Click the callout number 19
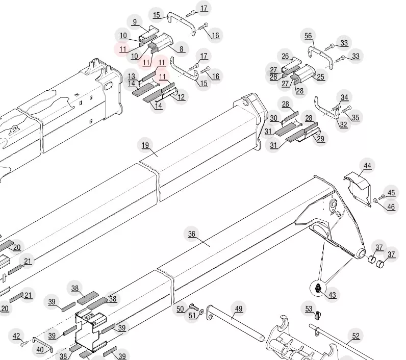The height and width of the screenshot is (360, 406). (x=145, y=145)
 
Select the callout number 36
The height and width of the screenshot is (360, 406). (x=192, y=234)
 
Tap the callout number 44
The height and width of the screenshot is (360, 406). (x=367, y=166)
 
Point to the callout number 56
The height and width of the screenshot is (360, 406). (x=308, y=36)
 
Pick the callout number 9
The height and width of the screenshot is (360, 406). (x=135, y=22)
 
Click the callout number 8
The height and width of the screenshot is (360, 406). (x=181, y=49)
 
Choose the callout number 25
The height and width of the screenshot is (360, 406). (x=320, y=77)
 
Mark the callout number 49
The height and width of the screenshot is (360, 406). (x=239, y=308)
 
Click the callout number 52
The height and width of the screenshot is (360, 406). (x=356, y=336)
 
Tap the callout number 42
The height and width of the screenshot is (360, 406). (x=16, y=336)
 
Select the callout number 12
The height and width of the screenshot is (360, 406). (x=181, y=97)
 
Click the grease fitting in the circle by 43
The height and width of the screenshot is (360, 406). (x=318, y=288)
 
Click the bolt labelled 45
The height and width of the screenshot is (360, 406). (x=382, y=197)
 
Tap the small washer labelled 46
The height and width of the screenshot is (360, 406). (x=375, y=200)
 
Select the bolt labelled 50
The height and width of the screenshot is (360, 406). (x=194, y=307)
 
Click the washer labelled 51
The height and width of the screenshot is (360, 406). (x=202, y=312)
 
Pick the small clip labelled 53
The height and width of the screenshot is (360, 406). (x=318, y=315)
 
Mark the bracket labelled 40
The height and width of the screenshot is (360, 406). (x=42, y=345)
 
